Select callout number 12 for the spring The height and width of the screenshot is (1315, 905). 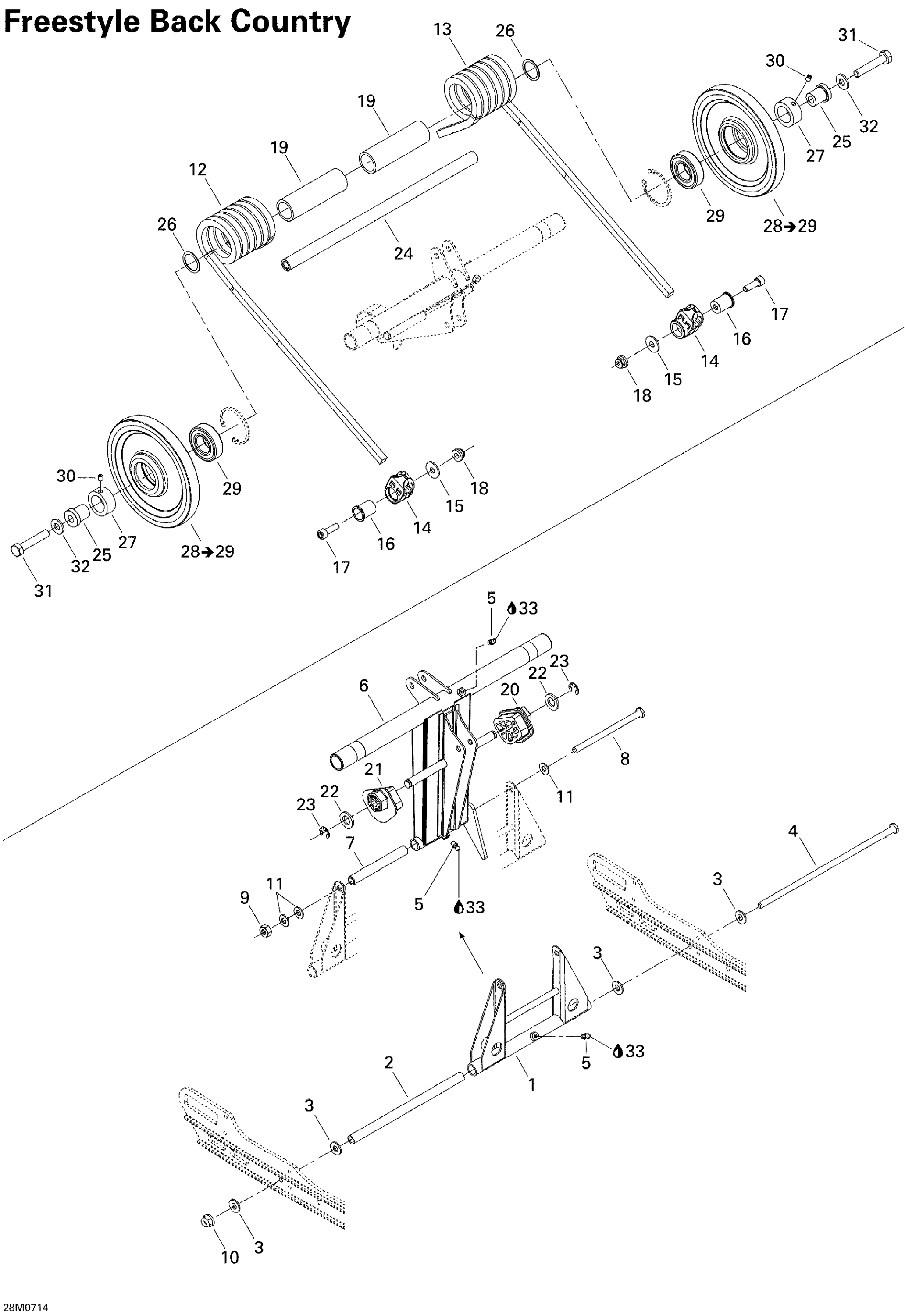point(197,170)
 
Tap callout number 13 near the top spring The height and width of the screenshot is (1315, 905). point(442,29)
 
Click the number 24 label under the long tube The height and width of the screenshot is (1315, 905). point(403,253)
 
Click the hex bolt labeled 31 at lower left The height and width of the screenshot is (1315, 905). point(17,550)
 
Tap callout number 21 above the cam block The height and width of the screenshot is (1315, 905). point(373,769)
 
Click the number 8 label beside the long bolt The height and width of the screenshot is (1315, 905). point(624,758)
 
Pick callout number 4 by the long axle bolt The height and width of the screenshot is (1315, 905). point(793,831)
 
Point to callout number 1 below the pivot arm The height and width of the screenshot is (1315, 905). point(532,1084)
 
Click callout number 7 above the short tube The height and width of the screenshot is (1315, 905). point(350,843)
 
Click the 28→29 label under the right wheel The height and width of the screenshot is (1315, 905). point(789,226)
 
